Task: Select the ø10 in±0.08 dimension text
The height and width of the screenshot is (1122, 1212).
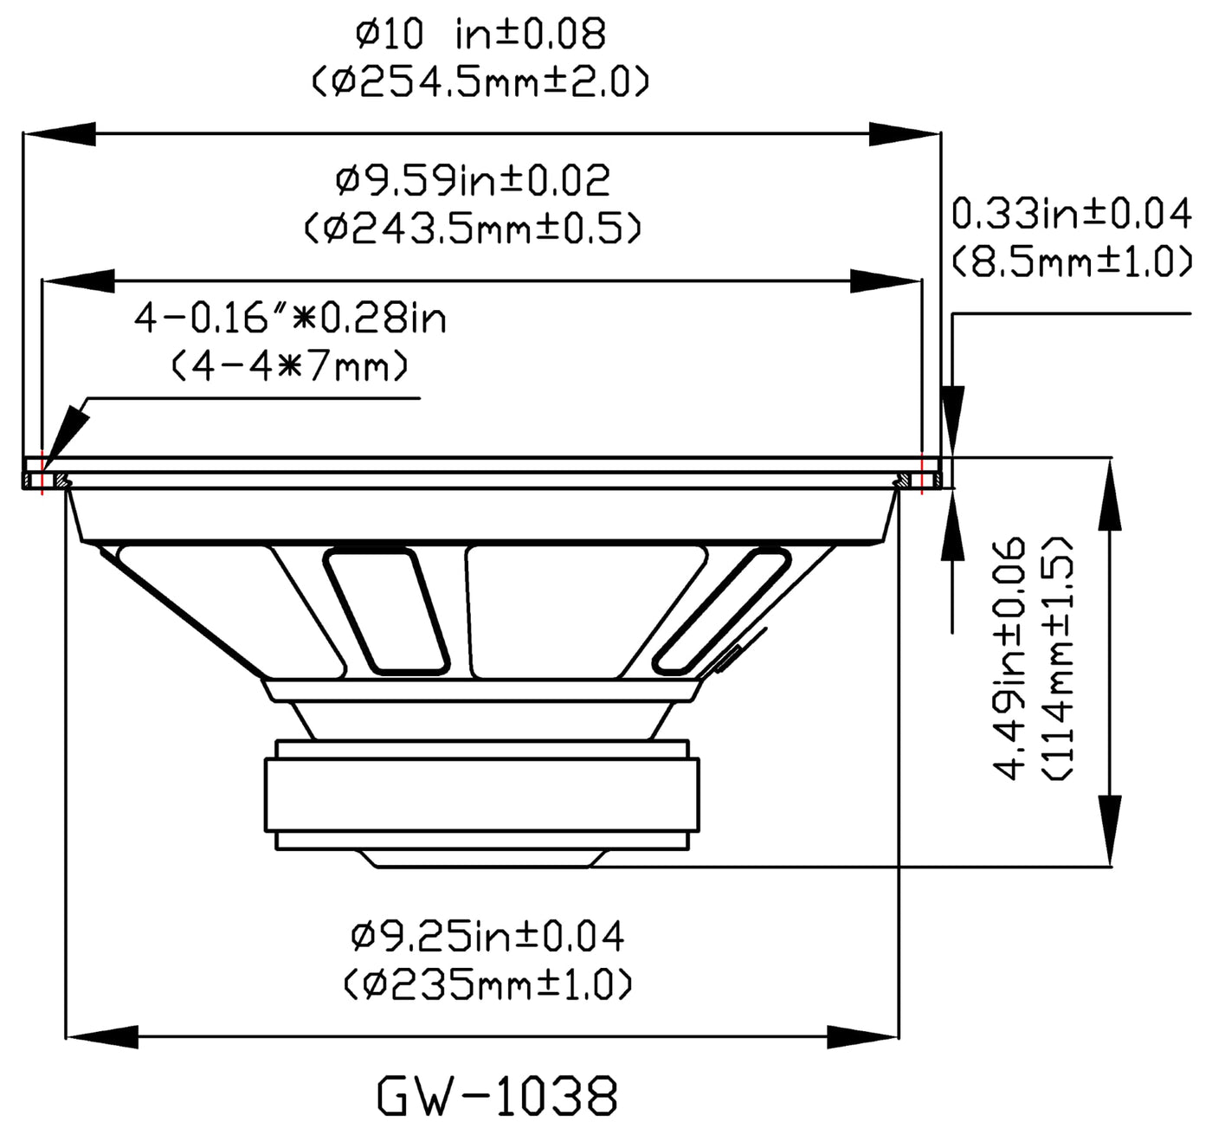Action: tap(480, 34)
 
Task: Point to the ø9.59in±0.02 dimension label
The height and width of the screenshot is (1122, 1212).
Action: tap(473, 180)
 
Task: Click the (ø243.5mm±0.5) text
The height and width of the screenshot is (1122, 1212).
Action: tap(473, 228)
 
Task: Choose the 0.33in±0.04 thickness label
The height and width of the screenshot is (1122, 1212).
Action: tap(1072, 214)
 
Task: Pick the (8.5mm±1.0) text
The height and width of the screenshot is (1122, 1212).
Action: tap(1072, 261)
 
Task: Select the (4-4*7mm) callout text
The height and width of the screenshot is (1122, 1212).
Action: tap(291, 365)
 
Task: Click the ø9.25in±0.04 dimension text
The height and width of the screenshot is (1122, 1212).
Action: tap(487, 936)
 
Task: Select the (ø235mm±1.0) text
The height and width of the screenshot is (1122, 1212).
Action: tap(487, 984)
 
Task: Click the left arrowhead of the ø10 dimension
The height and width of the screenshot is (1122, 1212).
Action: tap(59, 133)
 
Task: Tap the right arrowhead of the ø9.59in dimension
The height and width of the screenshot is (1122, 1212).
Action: tap(886, 280)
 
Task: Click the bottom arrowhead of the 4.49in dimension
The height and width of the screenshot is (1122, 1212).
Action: tap(1110, 830)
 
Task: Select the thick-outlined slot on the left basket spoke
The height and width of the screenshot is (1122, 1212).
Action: tap(386, 612)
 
